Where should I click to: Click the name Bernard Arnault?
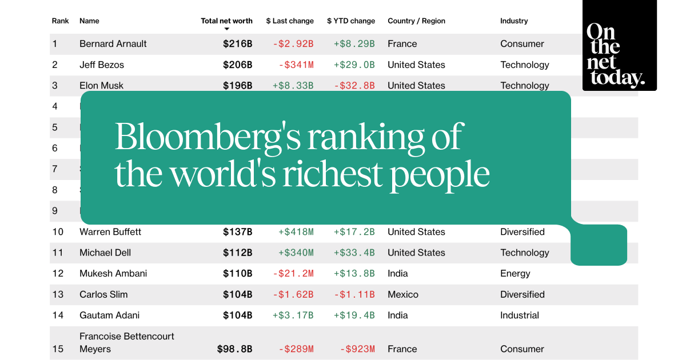(113, 44)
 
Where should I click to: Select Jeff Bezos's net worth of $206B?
(237, 65)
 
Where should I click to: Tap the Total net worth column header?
(226, 21)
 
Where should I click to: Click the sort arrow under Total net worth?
(226, 29)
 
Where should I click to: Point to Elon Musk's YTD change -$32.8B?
(354, 86)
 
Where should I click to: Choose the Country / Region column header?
(416, 21)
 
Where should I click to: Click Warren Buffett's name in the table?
(110, 232)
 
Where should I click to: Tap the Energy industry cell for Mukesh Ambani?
(515, 274)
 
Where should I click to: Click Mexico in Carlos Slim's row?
(403, 295)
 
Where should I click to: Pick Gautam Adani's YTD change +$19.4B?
(354, 315)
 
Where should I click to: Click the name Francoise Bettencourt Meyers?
(126, 342)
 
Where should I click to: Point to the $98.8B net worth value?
(234, 349)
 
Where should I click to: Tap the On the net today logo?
(620, 54)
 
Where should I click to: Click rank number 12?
(58, 274)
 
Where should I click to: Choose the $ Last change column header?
(290, 21)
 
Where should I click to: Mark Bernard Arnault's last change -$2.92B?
(293, 44)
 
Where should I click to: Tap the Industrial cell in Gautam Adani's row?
(520, 315)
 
